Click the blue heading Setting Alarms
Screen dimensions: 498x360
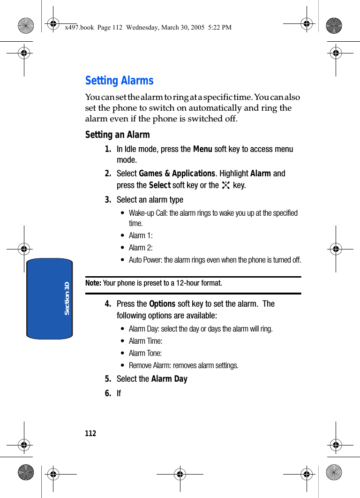[119, 81]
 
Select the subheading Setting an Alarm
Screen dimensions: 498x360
[117, 135]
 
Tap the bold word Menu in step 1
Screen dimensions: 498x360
[202, 149]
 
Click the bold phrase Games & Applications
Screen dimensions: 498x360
[177, 174]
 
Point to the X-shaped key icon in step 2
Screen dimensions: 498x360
[226, 185]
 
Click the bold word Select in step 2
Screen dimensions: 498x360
[159, 185]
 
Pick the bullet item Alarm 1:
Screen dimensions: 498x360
[141, 235]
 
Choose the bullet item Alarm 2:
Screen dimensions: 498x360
[141, 248]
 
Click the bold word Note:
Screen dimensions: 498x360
[93, 283]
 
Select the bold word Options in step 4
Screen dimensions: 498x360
[162, 304]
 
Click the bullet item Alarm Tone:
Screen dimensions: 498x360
[145, 353]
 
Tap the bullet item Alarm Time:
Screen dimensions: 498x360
[145, 341]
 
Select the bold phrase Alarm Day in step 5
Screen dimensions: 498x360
[169, 379]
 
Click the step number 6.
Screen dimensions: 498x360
[108, 393]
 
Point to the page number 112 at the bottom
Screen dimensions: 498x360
[90, 433]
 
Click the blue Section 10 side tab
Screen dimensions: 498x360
[50, 298]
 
